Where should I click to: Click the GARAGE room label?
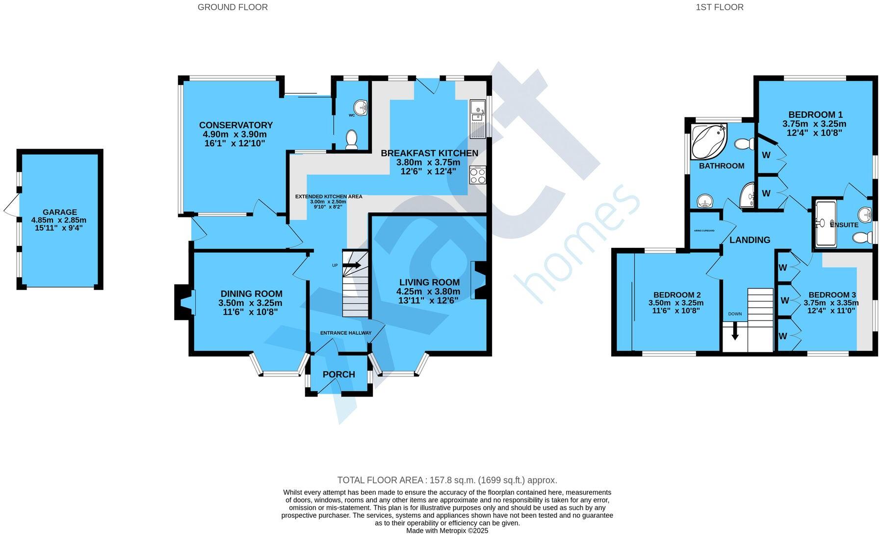coord(59,212)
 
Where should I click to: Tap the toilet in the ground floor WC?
coord(351,139)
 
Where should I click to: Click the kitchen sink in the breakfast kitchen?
coord(477,118)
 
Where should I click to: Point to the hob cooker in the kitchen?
coord(477,175)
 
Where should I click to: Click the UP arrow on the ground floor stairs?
coord(352,266)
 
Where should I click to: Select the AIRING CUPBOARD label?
coord(704,230)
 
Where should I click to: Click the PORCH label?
coord(338,374)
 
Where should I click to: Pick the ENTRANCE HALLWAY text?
coord(345,333)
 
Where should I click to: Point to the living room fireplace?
coord(478,280)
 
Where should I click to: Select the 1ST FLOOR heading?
coord(719,7)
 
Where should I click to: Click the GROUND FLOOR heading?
coord(233,7)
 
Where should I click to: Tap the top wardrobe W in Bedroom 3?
coord(783,267)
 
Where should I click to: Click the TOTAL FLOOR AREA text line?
coord(447,480)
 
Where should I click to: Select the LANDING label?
coord(750,240)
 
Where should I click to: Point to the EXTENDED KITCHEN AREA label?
coord(328,196)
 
